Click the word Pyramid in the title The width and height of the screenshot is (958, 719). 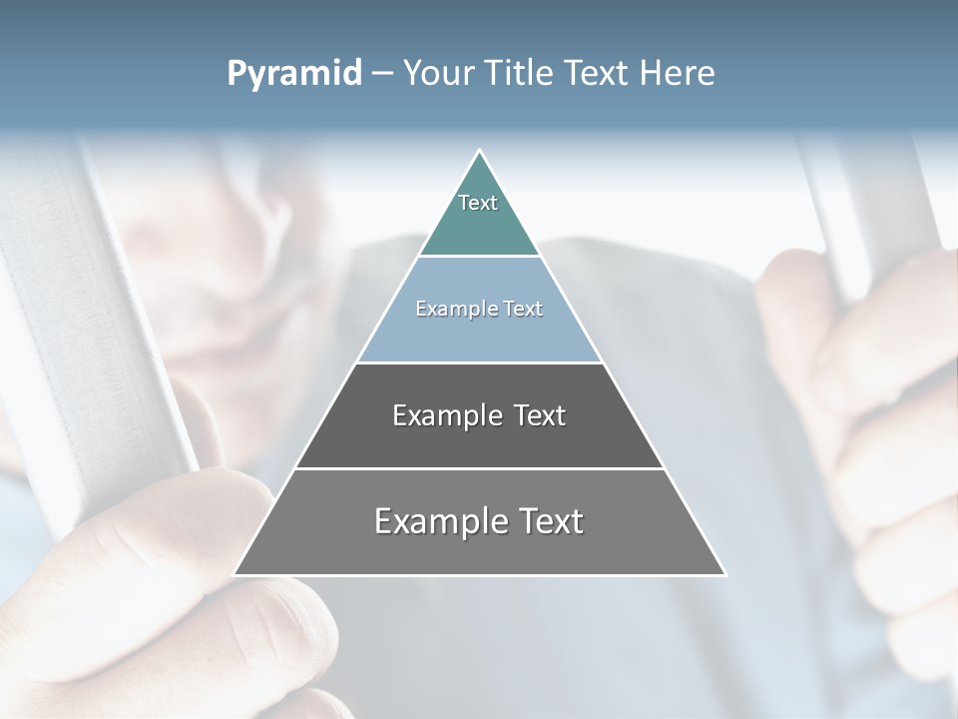(x=293, y=74)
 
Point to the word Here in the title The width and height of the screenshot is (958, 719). (x=677, y=74)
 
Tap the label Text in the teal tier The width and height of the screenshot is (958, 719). (x=478, y=203)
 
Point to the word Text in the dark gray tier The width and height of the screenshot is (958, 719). (x=539, y=415)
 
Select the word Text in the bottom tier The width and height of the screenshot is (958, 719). (x=548, y=521)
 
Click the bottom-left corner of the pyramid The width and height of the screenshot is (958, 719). (x=235, y=574)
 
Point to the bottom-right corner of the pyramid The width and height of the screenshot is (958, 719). (x=725, y=574)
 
